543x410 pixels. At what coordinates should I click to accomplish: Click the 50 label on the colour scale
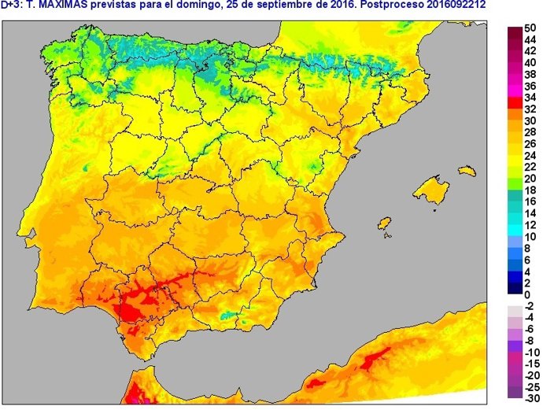(530, 27)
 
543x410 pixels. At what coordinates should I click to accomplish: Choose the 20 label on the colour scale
(530, 179)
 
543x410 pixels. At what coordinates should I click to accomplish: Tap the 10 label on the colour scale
(530, 237)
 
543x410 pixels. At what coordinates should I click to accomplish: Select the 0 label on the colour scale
(527, 294)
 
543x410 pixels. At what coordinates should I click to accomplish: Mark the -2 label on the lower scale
(529, 306)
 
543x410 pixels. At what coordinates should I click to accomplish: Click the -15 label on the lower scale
(530, 364)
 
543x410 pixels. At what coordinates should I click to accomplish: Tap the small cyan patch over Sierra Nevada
(228, 316)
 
